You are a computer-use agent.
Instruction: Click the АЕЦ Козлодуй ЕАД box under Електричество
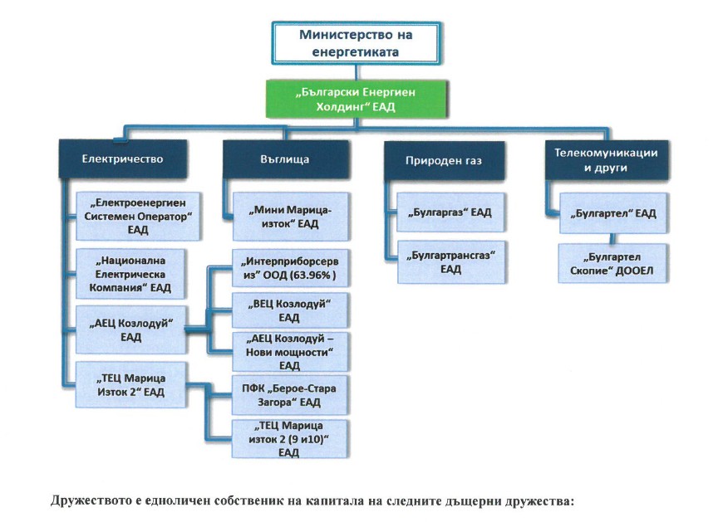[x=130, y=331]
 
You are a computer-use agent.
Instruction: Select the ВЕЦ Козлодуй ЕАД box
[x=289, y=311]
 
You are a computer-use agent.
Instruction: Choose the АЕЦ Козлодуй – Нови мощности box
[x=289, y=352]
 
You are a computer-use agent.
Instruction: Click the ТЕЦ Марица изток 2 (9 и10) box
[x=289, y=439]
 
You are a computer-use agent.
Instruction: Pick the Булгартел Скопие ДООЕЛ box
[x=612, y=264]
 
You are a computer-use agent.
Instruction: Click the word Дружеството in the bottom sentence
[x=90, y=502]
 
